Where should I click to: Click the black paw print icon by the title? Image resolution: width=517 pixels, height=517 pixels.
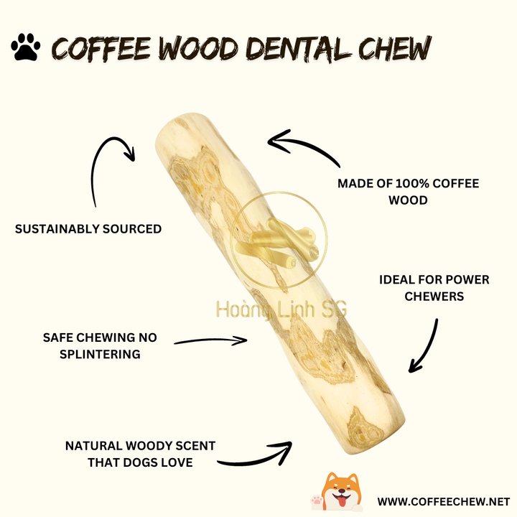click(x=25, y=48)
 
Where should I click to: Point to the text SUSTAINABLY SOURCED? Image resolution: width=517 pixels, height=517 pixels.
click(x=88, y=229)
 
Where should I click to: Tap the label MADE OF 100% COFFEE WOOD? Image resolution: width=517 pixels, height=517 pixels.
click(x=408, y=192)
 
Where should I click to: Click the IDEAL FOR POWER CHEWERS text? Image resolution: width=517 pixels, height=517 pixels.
click(x=434, y=287)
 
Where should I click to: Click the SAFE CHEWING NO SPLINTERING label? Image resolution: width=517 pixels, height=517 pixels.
click(x=99, y=345)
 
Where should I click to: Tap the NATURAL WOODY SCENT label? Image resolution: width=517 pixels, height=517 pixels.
click(x=140, y=455)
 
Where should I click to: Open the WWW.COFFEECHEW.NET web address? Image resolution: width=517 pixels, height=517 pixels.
click(x=443, y=501)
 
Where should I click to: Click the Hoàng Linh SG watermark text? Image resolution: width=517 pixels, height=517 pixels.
click(x=281, y=309)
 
